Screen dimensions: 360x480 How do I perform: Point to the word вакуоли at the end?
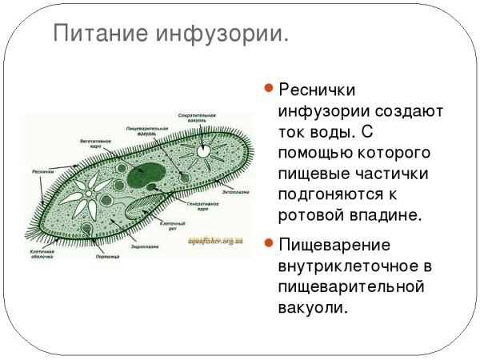[x=313, y=308]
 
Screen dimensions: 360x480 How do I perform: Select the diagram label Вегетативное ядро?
[x=95, y=142]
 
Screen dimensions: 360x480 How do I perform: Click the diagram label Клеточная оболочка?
[x=42, y=254]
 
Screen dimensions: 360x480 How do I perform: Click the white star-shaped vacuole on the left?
[x=86, y=193]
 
